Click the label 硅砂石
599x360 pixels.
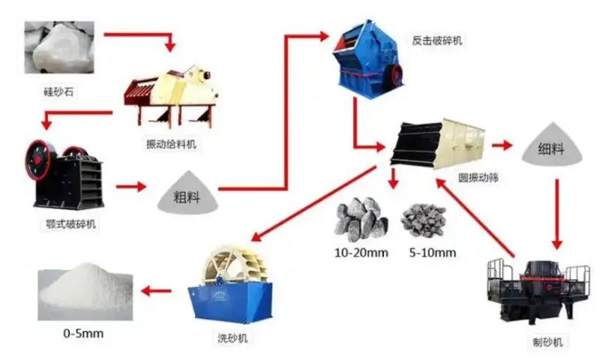tap(58, 91)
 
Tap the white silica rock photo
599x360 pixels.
tap(59, 47)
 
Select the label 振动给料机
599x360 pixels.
tap(171, 144)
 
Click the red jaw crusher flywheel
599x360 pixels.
tap(38, 160)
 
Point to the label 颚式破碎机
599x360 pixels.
tap(70, 224)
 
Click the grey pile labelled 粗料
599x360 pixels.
tap(187, 193)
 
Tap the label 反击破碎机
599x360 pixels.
tap(437, 40)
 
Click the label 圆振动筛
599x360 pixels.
tap(478, 177)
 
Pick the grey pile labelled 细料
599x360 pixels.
tap(552, 145)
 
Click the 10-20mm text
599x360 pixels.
tap(361, 253)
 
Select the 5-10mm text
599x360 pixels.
tap(433, 253)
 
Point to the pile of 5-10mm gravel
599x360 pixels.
tap(424, 220)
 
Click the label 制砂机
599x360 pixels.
tap(548, 342)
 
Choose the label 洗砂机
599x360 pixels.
tap(232, 337)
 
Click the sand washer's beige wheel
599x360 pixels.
tap(233, 265)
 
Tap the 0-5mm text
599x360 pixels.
tap(83, 333)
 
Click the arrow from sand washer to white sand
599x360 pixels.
tap(156, 291)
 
